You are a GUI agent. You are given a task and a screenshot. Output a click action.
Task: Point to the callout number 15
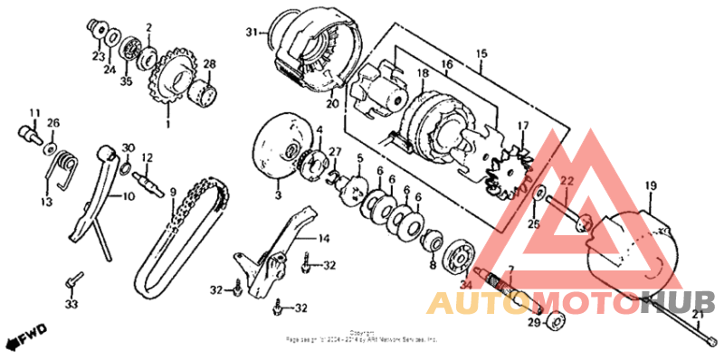tap(480, 53)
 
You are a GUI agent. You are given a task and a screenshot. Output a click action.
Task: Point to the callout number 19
tap(650, 185)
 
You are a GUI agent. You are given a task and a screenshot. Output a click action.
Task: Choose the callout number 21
tap(697, 315)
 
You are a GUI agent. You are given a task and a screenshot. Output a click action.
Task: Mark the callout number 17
tap(522, 126)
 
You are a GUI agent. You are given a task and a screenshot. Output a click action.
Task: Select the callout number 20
tap(332, 103)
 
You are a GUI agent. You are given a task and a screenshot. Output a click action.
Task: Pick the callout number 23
tap(98, 56)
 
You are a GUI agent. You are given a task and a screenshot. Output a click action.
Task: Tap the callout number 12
tap(147, 156)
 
